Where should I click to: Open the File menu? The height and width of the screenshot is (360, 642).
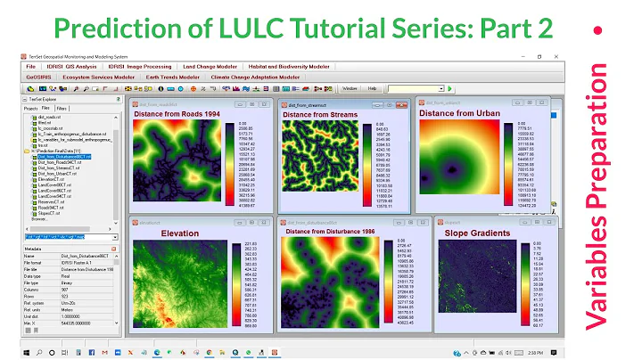coord(30,67)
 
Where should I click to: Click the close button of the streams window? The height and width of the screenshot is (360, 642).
coord(406,104)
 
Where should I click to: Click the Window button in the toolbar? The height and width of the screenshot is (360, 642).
coord(350,89)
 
